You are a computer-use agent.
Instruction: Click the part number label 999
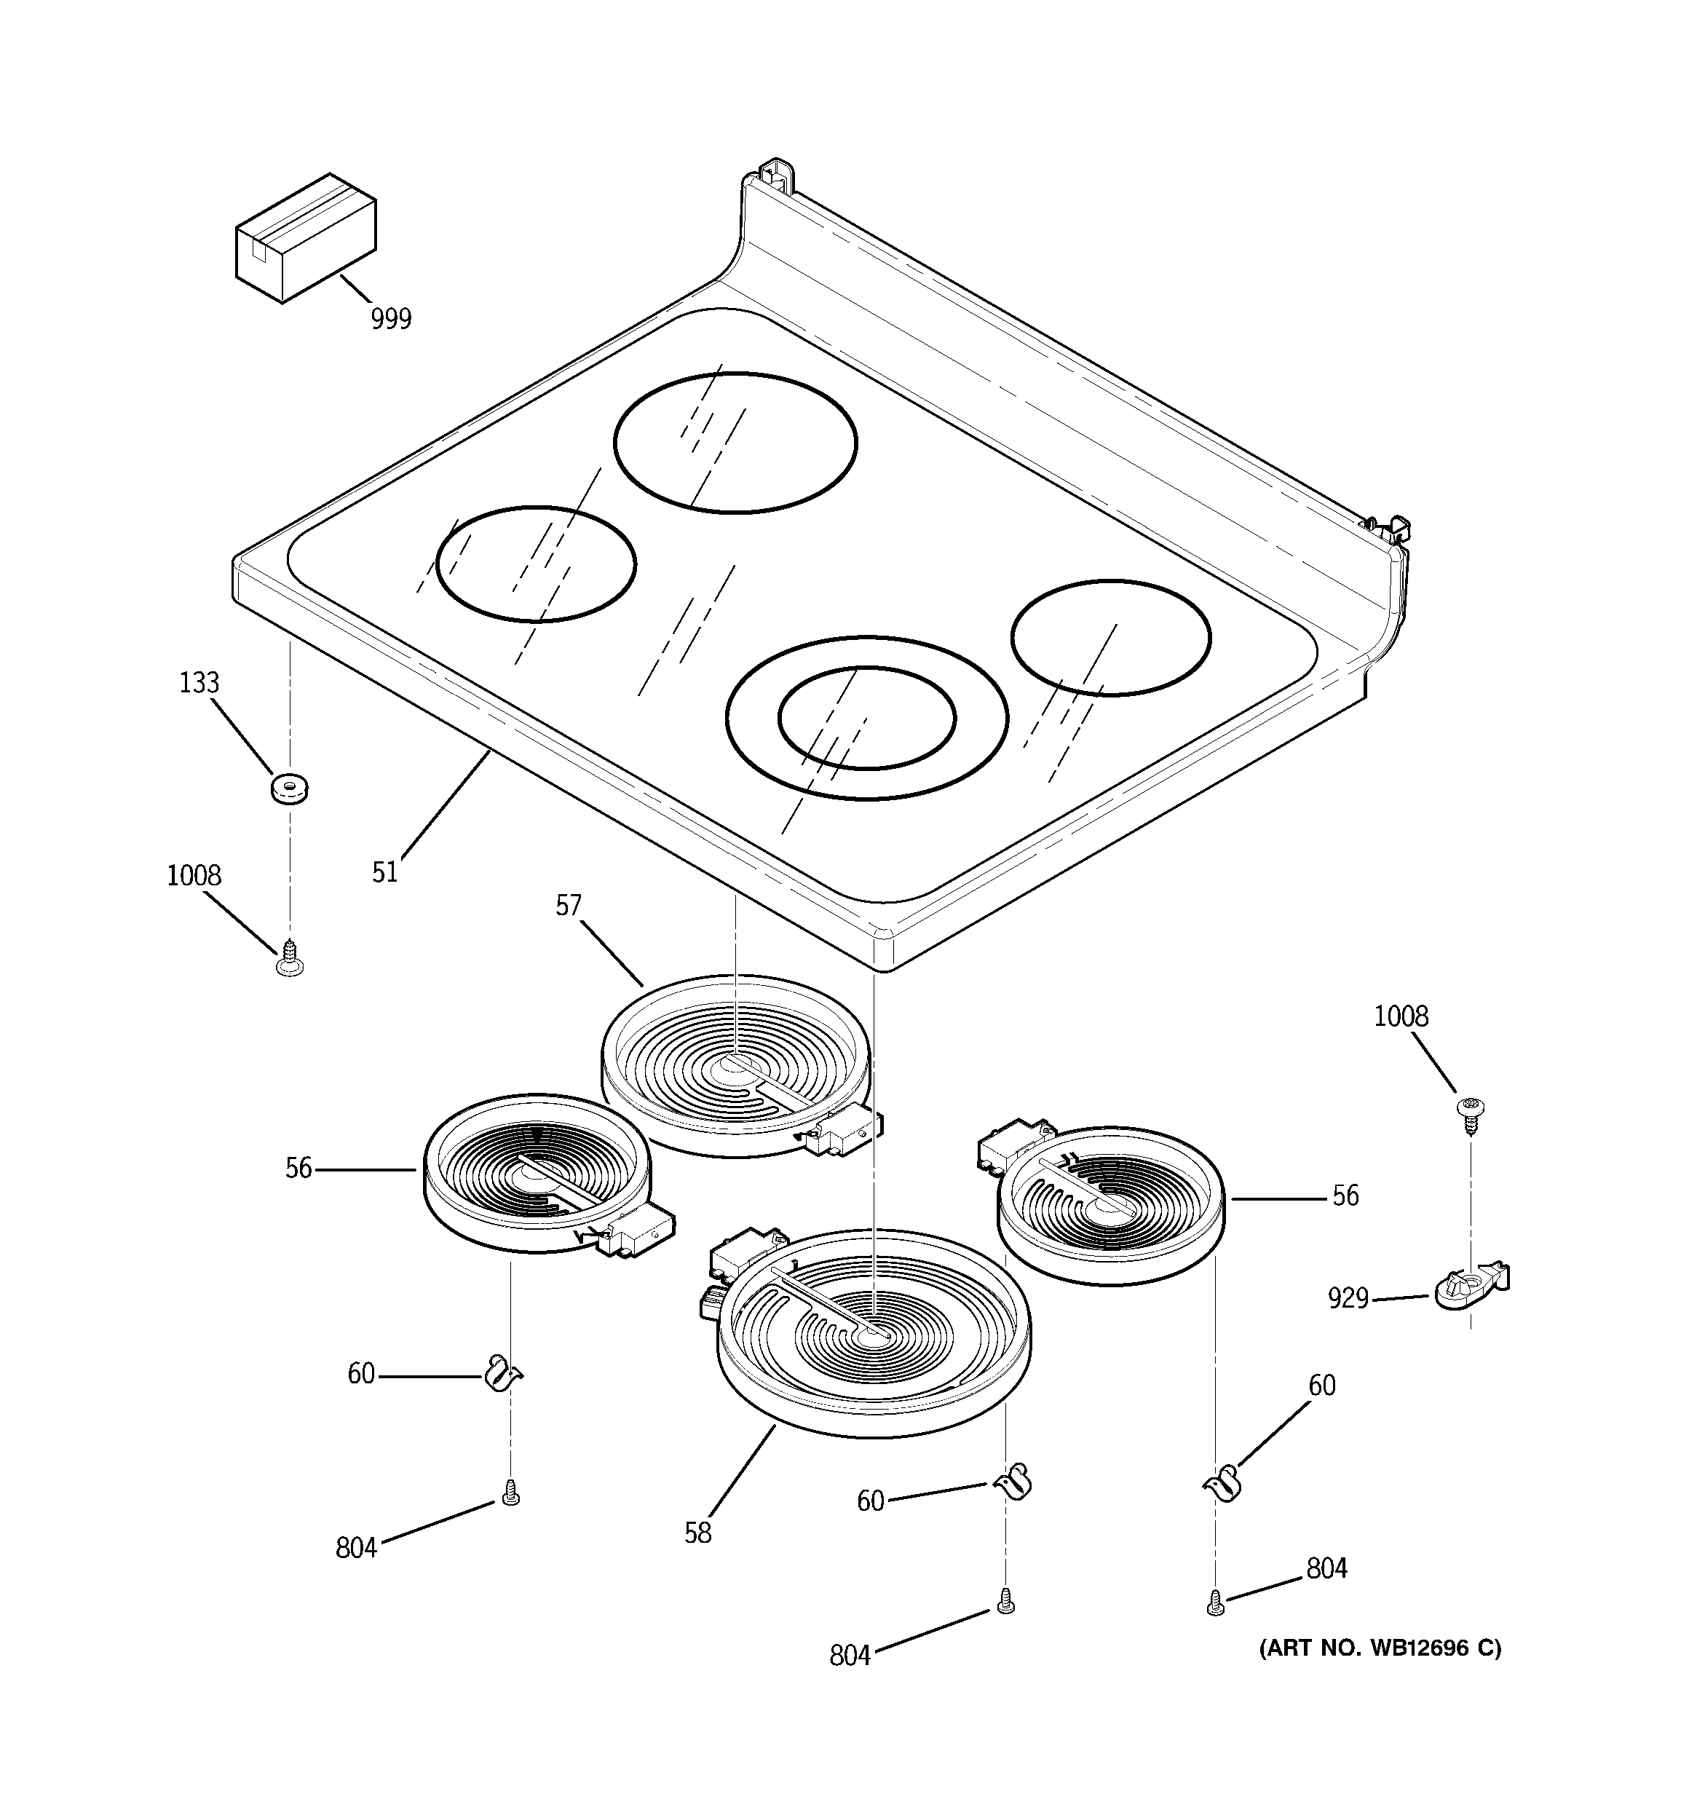point(391,319)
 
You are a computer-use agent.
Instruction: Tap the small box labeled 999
point(306,237)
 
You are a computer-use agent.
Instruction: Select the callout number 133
point(199,682)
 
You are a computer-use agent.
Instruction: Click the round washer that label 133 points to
point(290,787)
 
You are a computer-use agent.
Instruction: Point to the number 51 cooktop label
point(384,872)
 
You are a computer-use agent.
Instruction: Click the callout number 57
point(569,906)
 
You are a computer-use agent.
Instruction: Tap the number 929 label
point(1348,1299)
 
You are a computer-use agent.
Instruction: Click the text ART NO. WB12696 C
point(1380,1647)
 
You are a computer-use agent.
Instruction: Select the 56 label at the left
point(298,1169)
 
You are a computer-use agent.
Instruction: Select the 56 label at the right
point(1345,1196)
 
